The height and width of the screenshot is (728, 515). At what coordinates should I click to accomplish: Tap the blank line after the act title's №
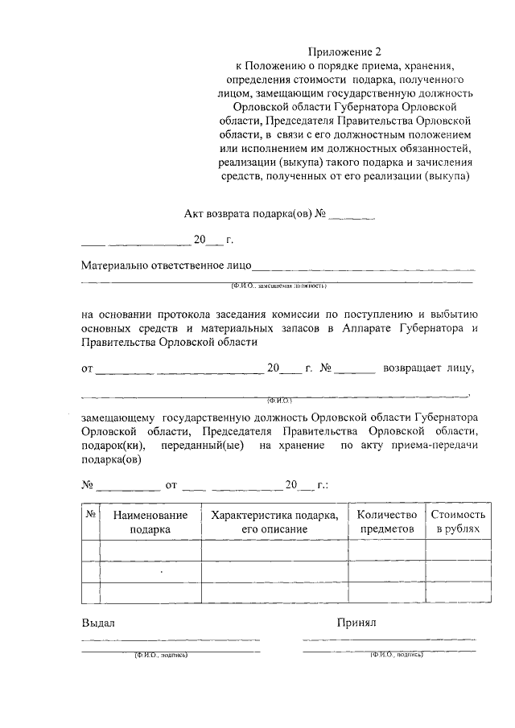[x=352, y=216]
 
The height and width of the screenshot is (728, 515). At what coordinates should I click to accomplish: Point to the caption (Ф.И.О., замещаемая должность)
[x=278, y=285]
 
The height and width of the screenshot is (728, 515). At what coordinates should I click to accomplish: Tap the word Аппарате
[x=362, y=328]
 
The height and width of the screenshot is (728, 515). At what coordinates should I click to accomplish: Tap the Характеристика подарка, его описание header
[x=274, y=522]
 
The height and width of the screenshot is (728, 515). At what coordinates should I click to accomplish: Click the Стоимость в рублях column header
[x=458, y=522]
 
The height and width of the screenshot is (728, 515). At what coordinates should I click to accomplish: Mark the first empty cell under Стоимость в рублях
[x=458, y=549]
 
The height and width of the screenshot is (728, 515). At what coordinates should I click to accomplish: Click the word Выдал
[x=99, y=623]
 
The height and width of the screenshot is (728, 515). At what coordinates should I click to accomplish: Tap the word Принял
[x=356, y=623]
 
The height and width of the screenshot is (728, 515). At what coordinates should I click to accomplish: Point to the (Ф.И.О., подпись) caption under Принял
[x=397, y=655]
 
